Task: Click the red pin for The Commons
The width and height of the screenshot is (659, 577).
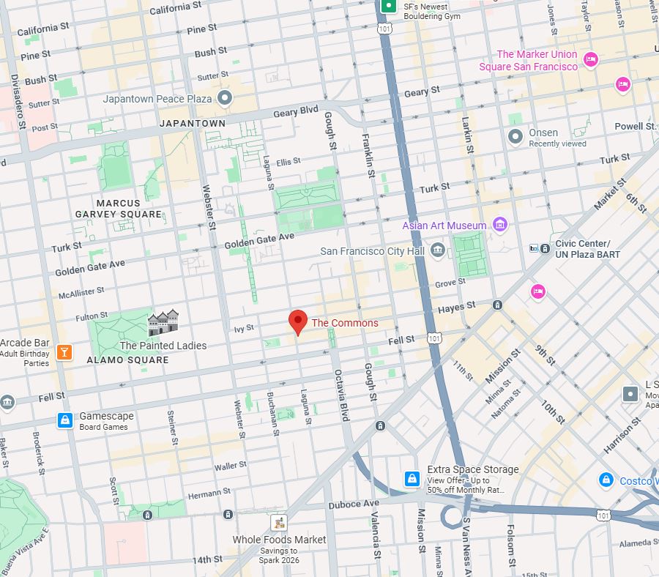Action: tap(297, 321)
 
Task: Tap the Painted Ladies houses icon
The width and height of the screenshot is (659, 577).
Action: tap(163, 323)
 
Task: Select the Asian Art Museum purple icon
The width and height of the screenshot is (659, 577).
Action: tap(501, 224)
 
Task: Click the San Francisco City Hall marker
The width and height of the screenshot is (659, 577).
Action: tap(438, 250)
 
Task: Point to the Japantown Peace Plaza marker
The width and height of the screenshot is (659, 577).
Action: tap(225, 97)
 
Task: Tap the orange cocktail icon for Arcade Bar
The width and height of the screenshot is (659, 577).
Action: tap(64, 352)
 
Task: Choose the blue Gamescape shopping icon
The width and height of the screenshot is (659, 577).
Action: tap(65, 420)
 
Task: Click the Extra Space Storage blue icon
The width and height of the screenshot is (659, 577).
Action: tap(412, 479)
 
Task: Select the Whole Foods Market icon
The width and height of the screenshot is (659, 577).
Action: tap(278, 523)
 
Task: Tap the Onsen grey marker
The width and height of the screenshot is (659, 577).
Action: tap(515, 136)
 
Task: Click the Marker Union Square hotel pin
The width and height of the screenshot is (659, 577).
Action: tap(591, 59)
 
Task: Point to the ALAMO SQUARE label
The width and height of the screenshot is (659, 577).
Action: tap(127, 360)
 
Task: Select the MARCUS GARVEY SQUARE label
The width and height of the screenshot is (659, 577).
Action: tap(118, 209)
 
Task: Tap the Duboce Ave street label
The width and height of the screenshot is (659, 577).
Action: tap(354, 504)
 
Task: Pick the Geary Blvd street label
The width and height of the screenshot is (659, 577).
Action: tap(296, 111)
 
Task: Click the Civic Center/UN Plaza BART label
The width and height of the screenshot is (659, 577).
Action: tap(587, 249)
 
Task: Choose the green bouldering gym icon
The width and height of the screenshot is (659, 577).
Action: tap(390, 6)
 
